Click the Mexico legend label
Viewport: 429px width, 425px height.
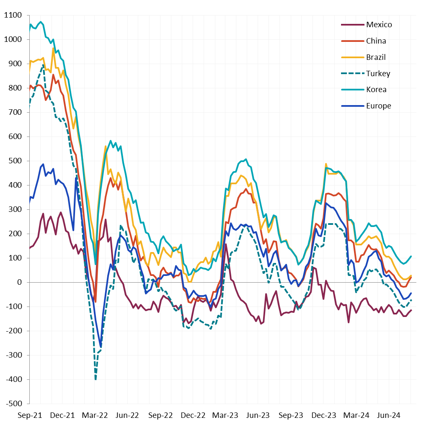tap(379, 25)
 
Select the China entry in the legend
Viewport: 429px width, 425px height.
tap(376, 41)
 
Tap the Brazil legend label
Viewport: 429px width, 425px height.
tap(376, 57)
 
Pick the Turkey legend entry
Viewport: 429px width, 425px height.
tap(378, 74)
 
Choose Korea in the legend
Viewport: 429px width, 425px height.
tap(376, 90)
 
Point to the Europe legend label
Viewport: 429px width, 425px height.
tap(378, 106)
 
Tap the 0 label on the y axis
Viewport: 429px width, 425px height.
tap(19, 283)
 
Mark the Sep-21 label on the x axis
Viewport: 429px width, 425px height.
tap(30, 415)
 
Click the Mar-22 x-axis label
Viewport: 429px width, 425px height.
tap(95, 415)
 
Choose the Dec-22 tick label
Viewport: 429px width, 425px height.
tap(193, 415)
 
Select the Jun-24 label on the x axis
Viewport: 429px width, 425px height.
tap(389, 415)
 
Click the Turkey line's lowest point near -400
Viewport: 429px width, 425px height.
tap(96, 379)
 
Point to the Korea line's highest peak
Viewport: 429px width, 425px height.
tap(41, 22)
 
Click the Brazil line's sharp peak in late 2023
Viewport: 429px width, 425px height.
tap(326, 164)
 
